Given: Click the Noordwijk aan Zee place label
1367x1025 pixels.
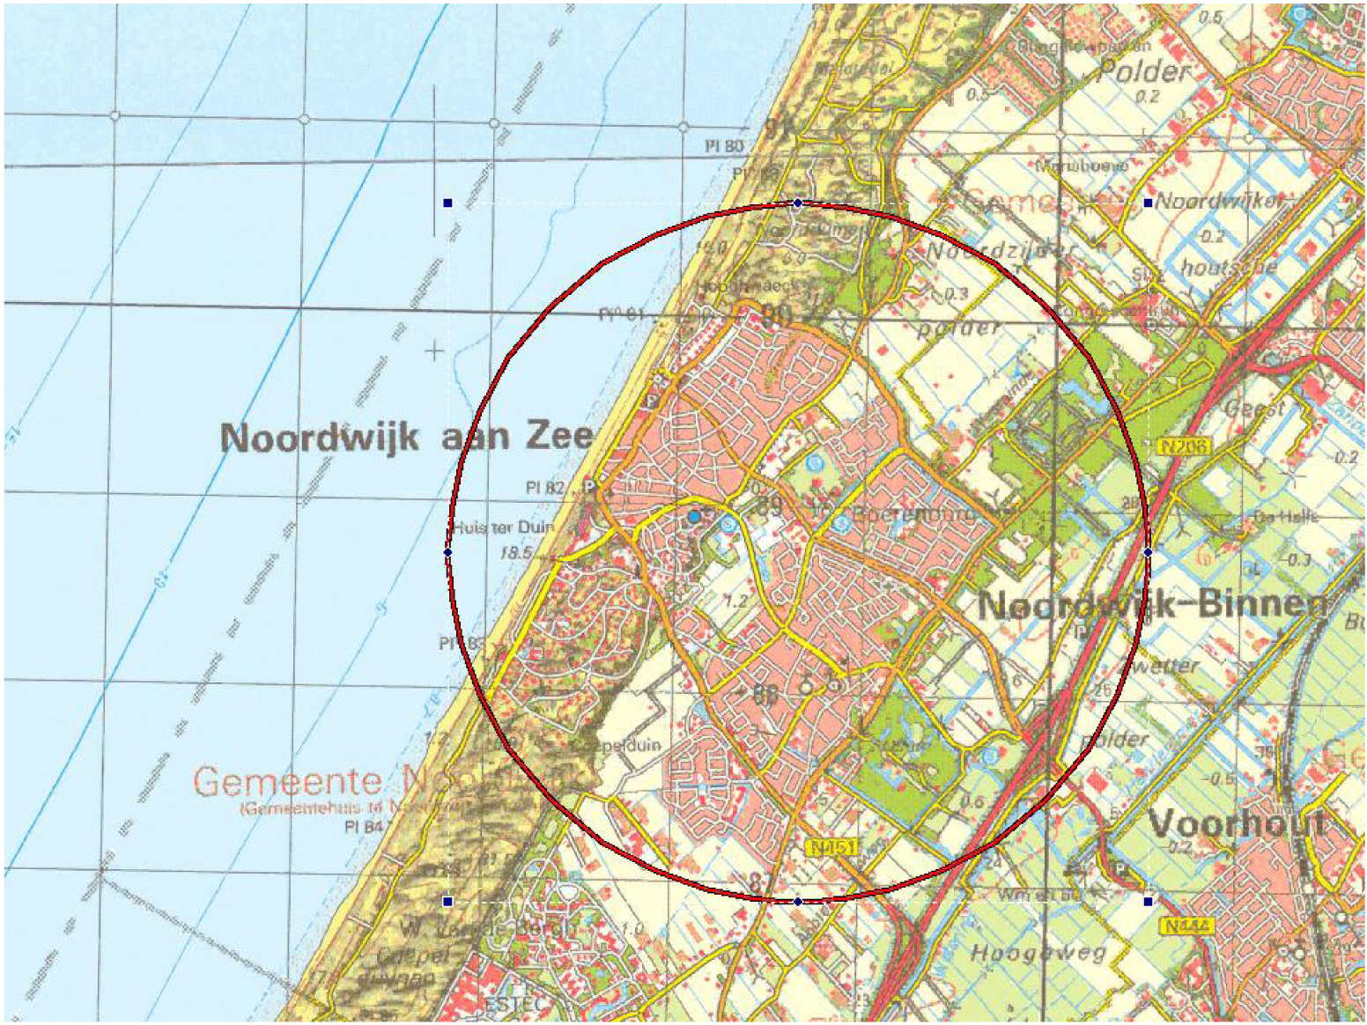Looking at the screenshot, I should tap(406, 437).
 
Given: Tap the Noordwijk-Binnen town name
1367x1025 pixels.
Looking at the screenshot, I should tap(1152, 605).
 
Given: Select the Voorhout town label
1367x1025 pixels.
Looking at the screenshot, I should tap(1236, 823).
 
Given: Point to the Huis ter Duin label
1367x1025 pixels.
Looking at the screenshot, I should tap(504, 527).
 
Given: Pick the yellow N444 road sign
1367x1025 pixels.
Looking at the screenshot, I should tap(1188, 926).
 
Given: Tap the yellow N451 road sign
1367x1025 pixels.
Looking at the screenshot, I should tap(831, 847).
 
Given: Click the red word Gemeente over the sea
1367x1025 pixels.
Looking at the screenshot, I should tap(287, 780).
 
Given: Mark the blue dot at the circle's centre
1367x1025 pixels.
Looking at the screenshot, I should tap(695, 516).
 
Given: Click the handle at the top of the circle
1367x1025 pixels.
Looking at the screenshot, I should tap(798, 203).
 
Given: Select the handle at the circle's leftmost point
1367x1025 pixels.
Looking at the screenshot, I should tap(448, 552).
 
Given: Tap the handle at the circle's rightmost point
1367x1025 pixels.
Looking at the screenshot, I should tap(1148, 552).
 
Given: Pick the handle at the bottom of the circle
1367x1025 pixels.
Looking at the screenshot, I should tap(798, 902).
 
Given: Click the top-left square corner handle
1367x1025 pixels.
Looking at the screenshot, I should tap(448, 203).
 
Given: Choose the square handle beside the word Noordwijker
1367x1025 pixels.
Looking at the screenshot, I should tap(1148, 203).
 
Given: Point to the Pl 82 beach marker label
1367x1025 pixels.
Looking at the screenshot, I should tap(544, 487).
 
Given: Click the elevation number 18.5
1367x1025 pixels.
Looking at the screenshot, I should tap(516, 554).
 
